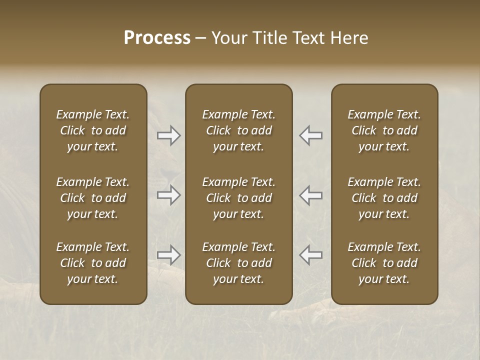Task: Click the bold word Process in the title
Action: point(157,38)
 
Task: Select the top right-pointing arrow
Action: point(169,135)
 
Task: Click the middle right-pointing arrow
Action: point(169,195)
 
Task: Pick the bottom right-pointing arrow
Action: point(169,255)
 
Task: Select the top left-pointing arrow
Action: point(311,135)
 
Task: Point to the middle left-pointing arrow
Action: point(311,195)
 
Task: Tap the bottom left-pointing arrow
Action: point(311,255)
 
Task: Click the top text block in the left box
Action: point(93,130)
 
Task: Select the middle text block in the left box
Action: point(93,198)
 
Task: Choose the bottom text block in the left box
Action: point(93,263)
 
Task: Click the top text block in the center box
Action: point(239,130)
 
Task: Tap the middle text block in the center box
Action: point(239,198)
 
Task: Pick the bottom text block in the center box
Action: point(239,263)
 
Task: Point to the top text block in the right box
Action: point(384,130)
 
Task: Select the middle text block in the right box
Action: point(384,198)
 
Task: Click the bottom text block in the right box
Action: point(384,263)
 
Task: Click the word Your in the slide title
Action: point(231,38)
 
